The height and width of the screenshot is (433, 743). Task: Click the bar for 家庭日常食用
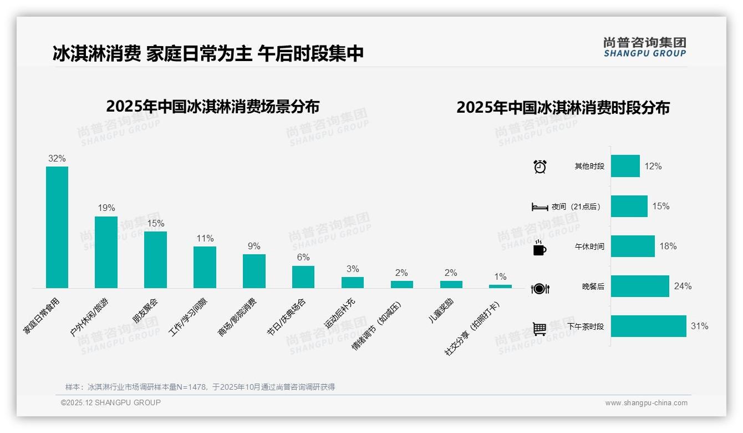(57, 227)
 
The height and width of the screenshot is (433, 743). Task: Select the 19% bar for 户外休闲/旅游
(106, 252)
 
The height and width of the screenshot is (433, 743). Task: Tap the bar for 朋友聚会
(155, 260)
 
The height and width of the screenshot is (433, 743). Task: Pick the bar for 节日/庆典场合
(303, 277)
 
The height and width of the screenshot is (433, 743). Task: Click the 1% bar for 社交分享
(500, 286)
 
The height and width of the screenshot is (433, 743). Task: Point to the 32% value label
(57, 159)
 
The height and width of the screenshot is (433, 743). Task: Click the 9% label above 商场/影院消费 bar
(254, 246)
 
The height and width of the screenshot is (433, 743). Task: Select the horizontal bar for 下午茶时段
(648, 326)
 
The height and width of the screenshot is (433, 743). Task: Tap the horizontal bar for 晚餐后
(640, 286)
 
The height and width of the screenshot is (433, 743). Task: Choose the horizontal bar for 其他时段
(625, 166)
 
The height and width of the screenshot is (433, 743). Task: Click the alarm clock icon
(540, 167)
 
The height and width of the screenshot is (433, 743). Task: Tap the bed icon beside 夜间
(540, 207)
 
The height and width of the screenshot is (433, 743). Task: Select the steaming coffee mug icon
(540, 248)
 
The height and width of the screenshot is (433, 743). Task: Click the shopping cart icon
(540, 329)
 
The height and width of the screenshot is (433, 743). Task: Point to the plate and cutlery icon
(540, 288)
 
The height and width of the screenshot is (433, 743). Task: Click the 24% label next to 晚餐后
(683, 286)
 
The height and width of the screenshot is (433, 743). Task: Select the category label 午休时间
(589, 246)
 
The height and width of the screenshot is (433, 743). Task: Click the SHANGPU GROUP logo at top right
(645, 47)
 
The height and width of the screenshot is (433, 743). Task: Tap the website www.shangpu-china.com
(646, 403)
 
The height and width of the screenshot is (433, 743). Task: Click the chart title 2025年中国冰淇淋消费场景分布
(212, 106)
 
